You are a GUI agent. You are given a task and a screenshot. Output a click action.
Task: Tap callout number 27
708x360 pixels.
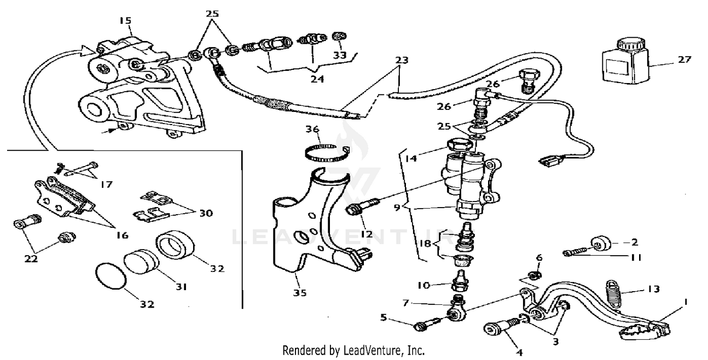tap(684, 59)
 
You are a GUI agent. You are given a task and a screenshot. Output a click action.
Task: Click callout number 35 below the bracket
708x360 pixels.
tap(299, 293)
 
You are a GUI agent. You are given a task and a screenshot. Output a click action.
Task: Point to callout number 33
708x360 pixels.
tap(340, 55)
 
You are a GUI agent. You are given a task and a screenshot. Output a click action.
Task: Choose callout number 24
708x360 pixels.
tap(317, 79)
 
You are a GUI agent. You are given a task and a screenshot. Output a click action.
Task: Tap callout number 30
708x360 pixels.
tap(205, 213)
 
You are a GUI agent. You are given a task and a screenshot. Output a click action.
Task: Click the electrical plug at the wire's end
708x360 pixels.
tap(549, 163)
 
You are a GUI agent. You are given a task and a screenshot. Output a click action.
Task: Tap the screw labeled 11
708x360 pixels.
tap(576, 254)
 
